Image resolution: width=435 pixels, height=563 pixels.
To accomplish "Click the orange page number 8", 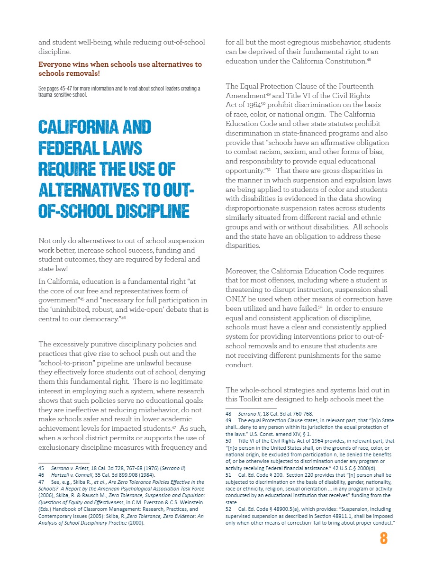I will [383, 539].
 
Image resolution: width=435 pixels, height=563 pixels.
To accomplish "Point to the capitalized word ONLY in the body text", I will [237, 299].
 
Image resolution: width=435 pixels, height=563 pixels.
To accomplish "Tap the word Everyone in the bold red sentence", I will [54, 64].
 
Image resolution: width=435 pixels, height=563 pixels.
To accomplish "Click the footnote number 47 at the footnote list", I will [41, 481].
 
